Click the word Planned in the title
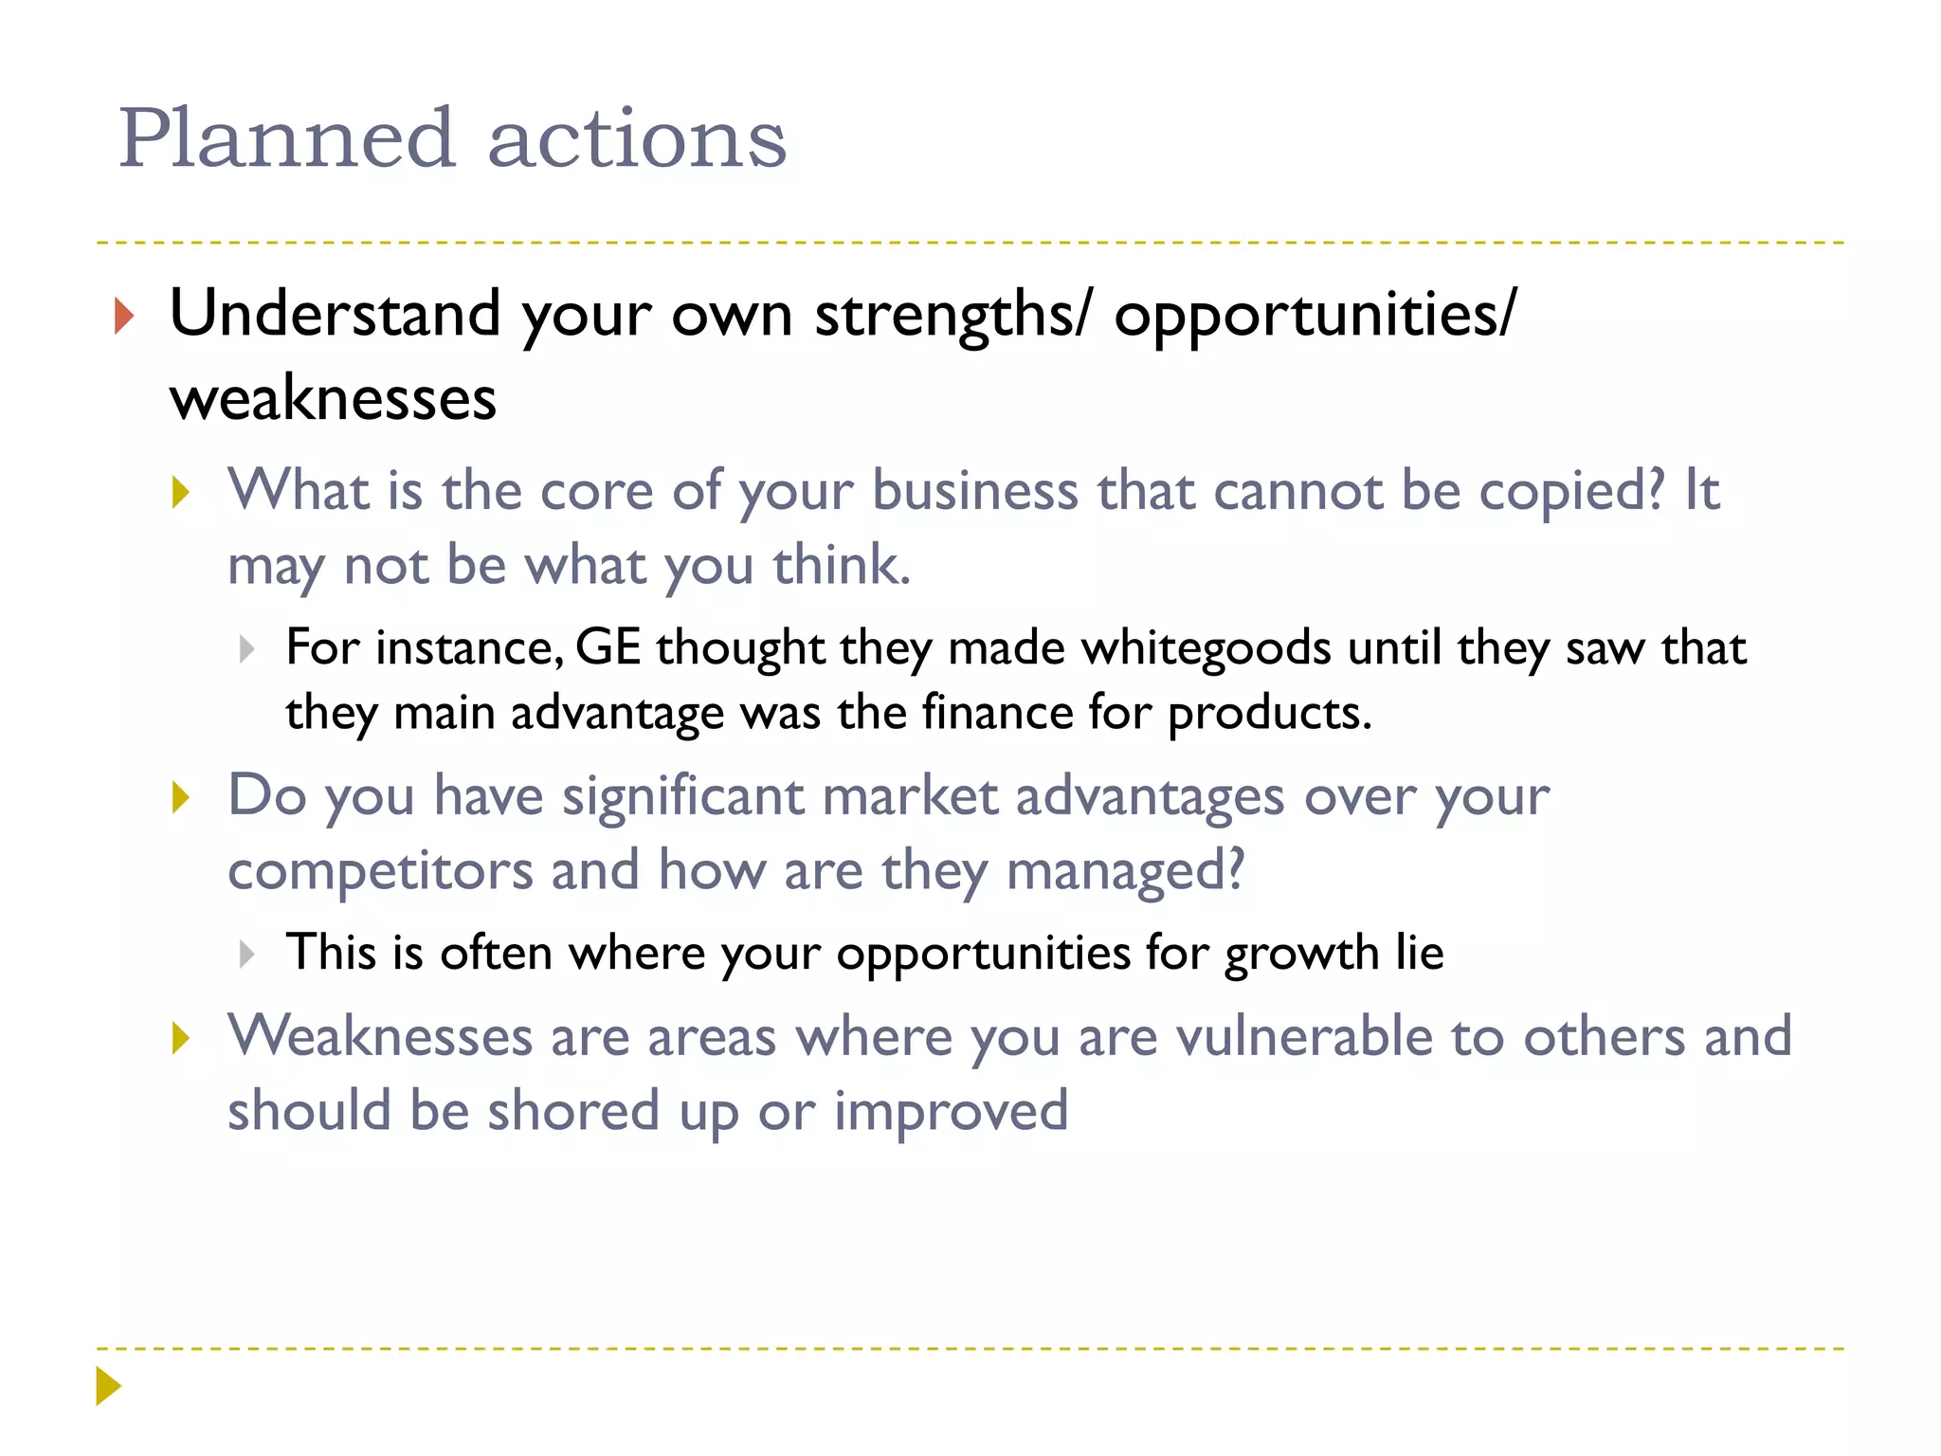click(286, 139)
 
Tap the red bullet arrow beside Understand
click(123, 316)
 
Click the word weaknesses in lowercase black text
click(333, 398)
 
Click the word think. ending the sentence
click(842, 566)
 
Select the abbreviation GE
click(608, 648)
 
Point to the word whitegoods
click(1206, 648)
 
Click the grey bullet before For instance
click(247, 649)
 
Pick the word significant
click(683, 796)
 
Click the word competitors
click(380, 871)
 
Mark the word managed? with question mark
click(1125, 871)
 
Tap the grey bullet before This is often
click(247, 954)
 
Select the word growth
click(1301, 954)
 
